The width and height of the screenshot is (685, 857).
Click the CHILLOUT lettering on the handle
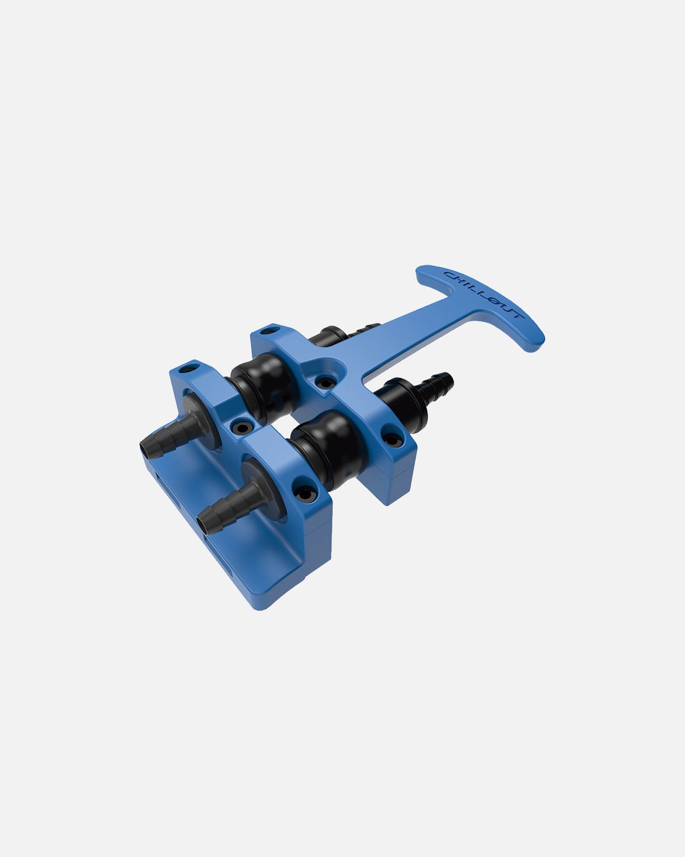coord(482,294)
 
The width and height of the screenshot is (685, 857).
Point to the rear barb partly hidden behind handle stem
coord(365,326)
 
